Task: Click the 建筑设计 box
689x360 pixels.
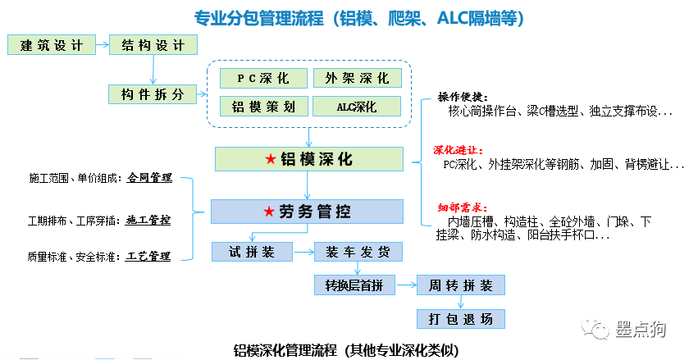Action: tap(51, 45)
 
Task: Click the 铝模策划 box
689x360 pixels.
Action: tap(263, 107)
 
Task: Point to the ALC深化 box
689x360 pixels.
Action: tap(357, 107)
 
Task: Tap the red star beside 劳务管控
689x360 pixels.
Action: tap(268, 212)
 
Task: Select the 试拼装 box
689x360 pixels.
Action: tap(252, 252)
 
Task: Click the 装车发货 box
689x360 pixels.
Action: tap(355, 252)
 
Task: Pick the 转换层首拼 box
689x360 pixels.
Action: tap(354, 285)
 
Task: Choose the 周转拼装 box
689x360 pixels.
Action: tap(460, 285)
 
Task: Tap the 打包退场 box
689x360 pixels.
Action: tap(460, 317)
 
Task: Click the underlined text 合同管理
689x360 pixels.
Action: tap(148, 178)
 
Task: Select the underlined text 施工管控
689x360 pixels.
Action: tap(148, 220)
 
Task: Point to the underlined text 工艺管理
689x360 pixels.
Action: tap(148, 257)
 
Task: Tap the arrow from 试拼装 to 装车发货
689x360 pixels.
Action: tap(303, 252)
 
